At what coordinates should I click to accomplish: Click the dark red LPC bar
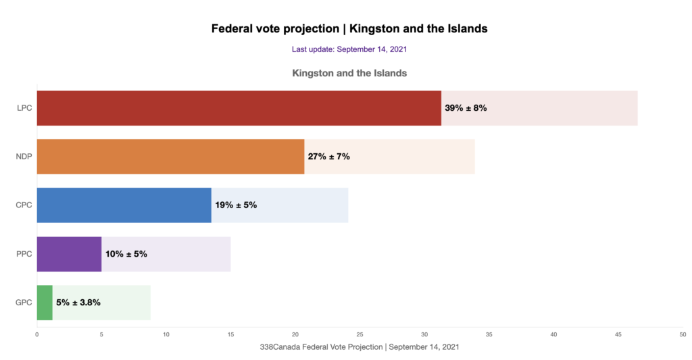pos(239,108)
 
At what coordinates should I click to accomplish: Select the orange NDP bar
pos(170,157)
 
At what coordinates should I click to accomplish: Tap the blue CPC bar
pos(124,205)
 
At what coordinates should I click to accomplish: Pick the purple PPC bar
pos(69,254)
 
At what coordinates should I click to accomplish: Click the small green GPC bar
pos(45,303)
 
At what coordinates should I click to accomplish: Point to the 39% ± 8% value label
pos(466,108)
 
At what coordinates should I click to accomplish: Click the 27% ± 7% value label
pos(328,157)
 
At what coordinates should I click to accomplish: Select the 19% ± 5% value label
pos(236,205)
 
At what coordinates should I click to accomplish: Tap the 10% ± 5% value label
pos(126,254)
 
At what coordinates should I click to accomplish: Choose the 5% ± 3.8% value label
pos(78,303)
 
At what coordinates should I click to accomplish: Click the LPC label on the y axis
pos(24,108)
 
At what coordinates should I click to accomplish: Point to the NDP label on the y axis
pos(24,157)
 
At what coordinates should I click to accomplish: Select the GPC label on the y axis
pos(24,303)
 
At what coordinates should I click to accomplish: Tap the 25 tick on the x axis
pos(360,334)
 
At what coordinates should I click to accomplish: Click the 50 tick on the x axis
pos(682,334)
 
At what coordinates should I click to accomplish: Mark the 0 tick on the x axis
pos(37,334)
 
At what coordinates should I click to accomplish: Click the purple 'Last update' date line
pos(349,49)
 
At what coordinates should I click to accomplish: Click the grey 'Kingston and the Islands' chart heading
pos(349,73)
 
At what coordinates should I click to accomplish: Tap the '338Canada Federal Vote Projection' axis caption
pos(360,346)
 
